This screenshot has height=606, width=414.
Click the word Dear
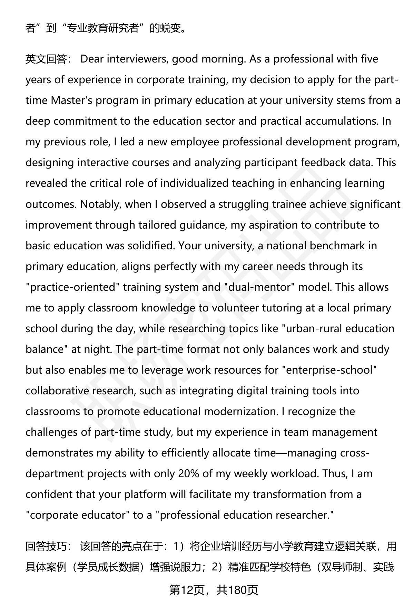(x=92, y=59)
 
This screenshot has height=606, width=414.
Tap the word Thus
(x=334, y=473)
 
